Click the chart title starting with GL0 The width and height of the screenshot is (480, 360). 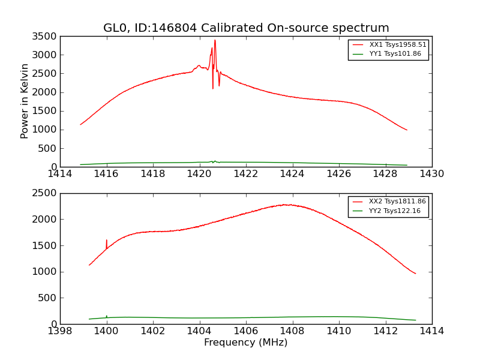(x=246, y=28)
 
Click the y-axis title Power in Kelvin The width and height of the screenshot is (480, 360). (x=25, y=101)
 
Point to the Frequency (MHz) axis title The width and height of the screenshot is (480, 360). (x=246, y=343)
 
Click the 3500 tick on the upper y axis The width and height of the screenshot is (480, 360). (x=46, y=37)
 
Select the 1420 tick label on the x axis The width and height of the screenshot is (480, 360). (x=200, y=174)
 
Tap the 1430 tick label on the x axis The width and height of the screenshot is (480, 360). (x=432, y=174)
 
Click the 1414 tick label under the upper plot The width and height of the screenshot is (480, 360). (x=60, y=174)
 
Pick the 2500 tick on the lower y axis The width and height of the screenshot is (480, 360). (x=46, y=193)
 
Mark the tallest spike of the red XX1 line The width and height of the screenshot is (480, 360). (x=215, y=40)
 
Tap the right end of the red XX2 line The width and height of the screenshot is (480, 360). (x=415, y=274)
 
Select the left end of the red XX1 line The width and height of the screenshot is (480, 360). (x=80, y=125)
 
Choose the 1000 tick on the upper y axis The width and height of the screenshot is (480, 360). (x=46, y=130)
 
